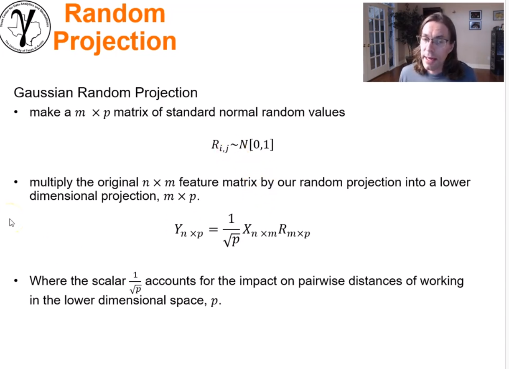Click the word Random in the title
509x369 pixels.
click(115, 13)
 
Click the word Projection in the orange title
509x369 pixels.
click(115, 41)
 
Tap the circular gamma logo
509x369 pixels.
click(25, 26)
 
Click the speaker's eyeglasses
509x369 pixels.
click(433, 41)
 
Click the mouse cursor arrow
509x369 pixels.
click(12, 223)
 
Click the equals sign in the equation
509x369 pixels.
click(214, 229)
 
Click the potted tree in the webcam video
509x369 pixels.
click(408, 29)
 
